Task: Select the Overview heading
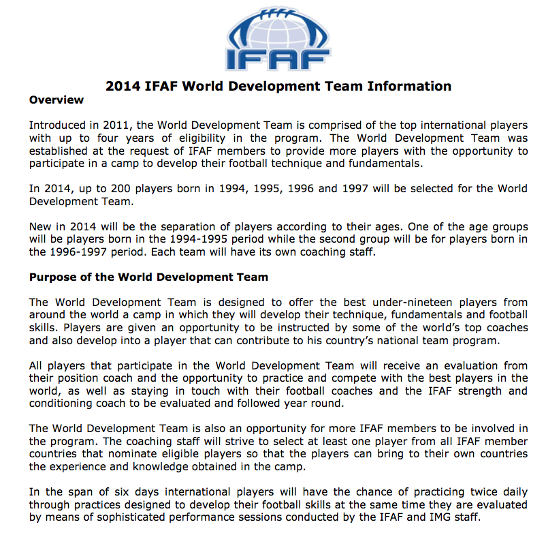57,100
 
